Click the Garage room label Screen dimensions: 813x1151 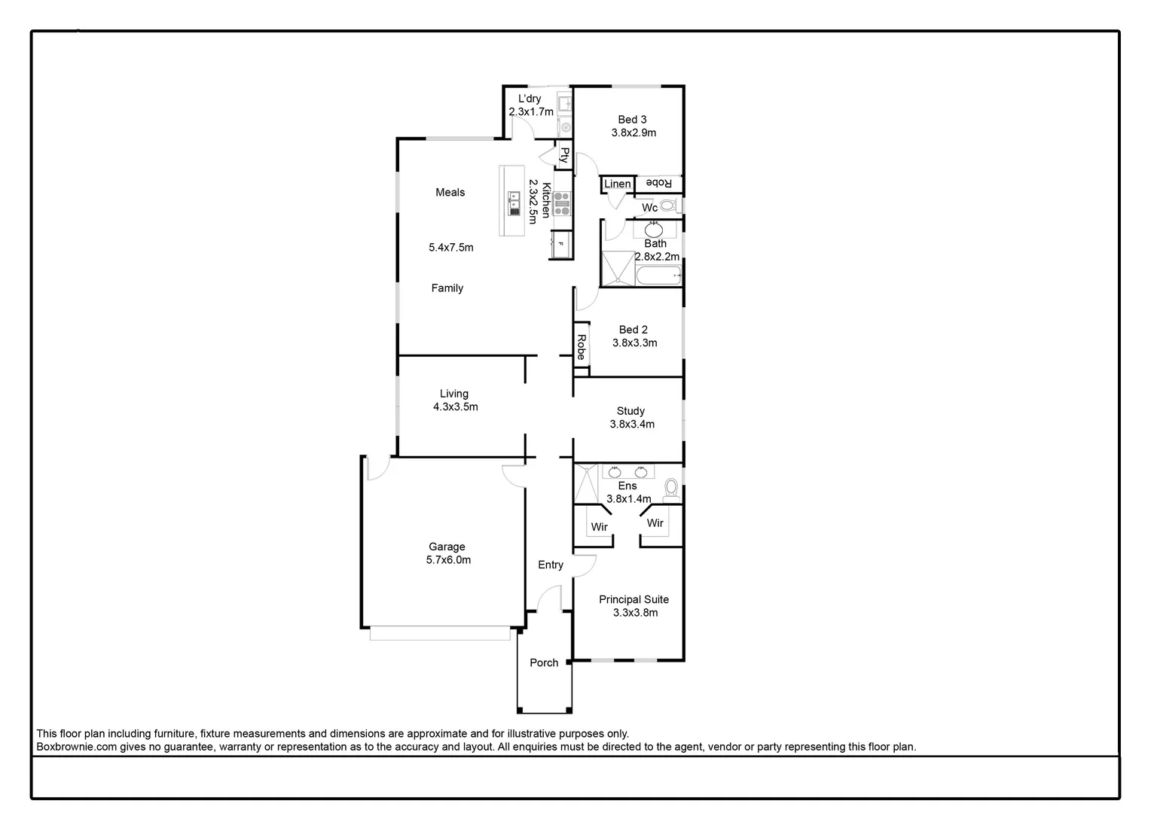coord(447,547)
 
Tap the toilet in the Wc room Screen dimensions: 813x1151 coord(667,206)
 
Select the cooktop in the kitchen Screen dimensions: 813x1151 coord(562,204)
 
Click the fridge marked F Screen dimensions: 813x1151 coord(560,245)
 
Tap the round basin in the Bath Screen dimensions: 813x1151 coord(654,229)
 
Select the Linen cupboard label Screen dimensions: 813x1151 coord(618,184)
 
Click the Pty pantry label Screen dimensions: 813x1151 coord(564,155)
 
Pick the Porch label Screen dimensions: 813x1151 coord(544,662)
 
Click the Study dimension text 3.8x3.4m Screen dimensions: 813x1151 coord(632,424)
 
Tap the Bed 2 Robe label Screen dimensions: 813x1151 coord(581,346)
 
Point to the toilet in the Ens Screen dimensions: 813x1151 coord(670,490)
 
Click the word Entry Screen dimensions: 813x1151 coord(550,565)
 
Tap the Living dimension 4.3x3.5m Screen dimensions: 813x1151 coord(455,406)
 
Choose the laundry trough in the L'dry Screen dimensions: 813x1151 coord(563,103)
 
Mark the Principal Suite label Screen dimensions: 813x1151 coord(634,599)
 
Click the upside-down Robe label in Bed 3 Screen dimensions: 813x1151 coord(658,184)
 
